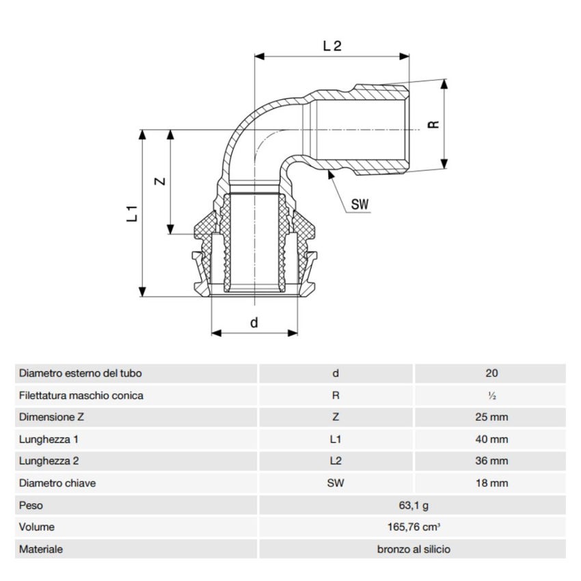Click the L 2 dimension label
(x=332, y=46)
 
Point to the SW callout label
(x=360, y=204)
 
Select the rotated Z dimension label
(x=159, y=181)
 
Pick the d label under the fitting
(x=254, y=323)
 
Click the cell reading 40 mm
(x=490, y=439)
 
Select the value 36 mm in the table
(x=490, y=461)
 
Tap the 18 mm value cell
(x=490, y=483)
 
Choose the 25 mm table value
(x=490, y=417)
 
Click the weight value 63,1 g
(x=413, y=505)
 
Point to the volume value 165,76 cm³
(x=413, y=527)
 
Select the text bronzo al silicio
(x=413, y=549)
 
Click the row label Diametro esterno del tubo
(x=81, y=373)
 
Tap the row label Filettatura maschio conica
(x=81, y=395)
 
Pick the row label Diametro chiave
(x=57, y=483)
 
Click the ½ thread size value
(x=490, y=396)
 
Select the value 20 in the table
(x=490, y=373)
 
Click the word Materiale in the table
(x=41, y=549)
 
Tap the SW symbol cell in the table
(x=336, y=483)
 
